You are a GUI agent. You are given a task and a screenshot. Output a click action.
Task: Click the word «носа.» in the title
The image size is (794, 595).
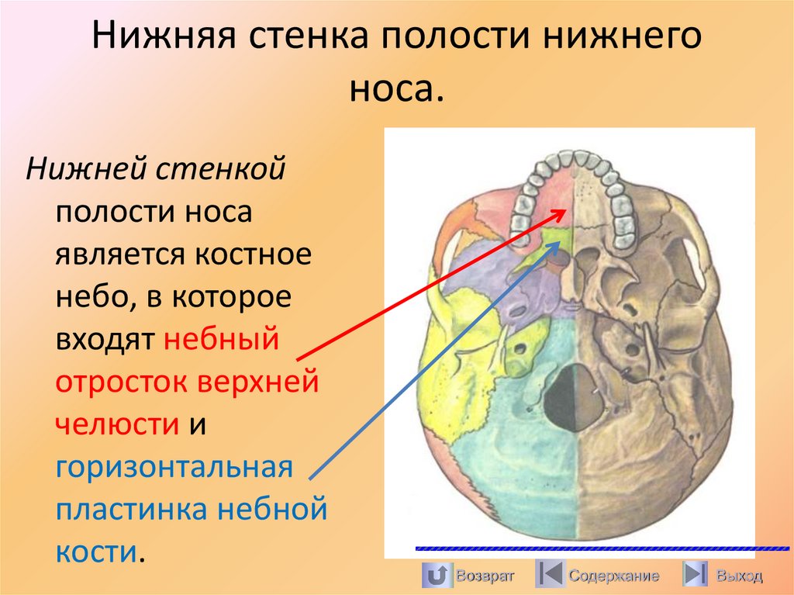coord(396,88)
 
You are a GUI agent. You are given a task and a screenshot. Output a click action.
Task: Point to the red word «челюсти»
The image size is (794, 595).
coord(116,424)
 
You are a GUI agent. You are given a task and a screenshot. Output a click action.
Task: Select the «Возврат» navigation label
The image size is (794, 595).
coord(485,576)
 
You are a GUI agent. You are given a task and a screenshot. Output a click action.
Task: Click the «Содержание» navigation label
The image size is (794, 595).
coord(613,576)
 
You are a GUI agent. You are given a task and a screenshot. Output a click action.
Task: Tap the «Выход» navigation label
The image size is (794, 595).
coord(739,576)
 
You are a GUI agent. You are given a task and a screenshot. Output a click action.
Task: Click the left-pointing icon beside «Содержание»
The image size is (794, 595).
coord(549,575)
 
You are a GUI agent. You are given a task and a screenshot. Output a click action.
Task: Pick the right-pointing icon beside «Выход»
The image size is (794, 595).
coord(695,575)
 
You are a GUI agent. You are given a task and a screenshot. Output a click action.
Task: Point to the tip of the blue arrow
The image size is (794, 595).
coord(559,240)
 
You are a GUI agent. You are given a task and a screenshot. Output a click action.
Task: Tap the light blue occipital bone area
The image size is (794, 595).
coord(504,465)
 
